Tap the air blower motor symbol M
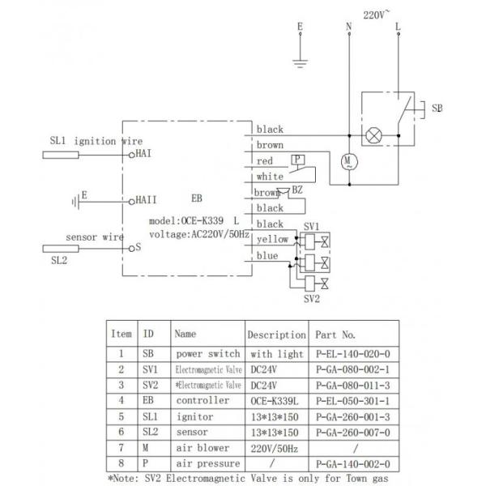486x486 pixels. (x=349, y=161)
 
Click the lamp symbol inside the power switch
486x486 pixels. (x=374, y=135)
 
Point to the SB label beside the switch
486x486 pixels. (x=437, y=107)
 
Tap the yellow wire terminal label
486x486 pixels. (x=271, y=240)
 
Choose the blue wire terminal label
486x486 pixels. (x=267, y=256)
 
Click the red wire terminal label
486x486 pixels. (x=264, y=161)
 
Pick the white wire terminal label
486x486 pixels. (x=270, y=177)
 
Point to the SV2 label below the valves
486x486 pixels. (x=313, y=297)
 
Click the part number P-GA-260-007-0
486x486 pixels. (x=354, y=433)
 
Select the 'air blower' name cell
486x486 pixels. (x=202, y=448)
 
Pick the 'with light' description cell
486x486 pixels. (x=275, y=353)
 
